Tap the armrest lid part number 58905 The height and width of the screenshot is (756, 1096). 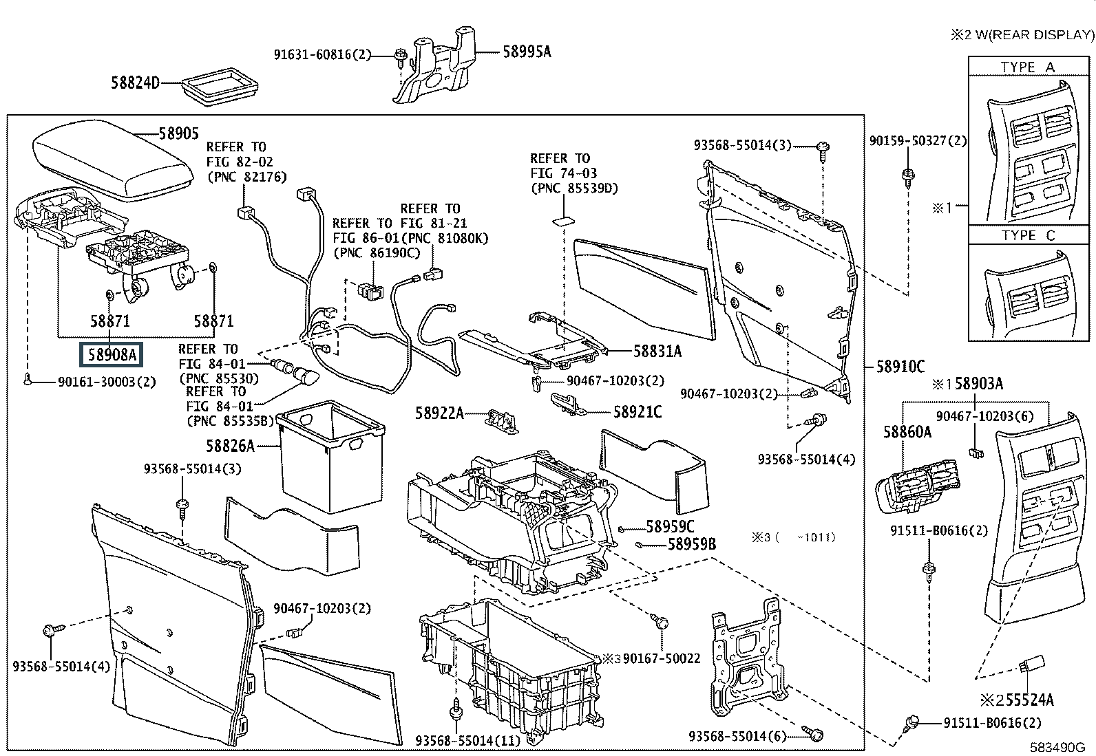click(178, 133)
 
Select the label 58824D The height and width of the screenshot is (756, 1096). click(135, 83)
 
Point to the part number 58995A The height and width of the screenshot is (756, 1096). click(527, 51)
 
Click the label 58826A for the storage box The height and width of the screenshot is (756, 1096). click(230, 446)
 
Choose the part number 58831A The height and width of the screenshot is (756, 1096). click(657, 352)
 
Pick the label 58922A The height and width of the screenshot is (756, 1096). click(439, 413)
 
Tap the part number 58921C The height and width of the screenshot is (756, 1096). click(637, 412)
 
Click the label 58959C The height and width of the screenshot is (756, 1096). click(671, 527)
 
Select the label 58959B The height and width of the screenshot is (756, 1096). click(691, 545)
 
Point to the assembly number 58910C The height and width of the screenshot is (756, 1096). click(900, 367)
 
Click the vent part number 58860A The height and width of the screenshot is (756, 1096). click(907, 431)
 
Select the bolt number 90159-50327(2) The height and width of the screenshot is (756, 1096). click(918, 141)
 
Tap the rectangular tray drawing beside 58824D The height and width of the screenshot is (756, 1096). click(219, 87)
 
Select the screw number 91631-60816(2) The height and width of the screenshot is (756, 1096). click(322, 54)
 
